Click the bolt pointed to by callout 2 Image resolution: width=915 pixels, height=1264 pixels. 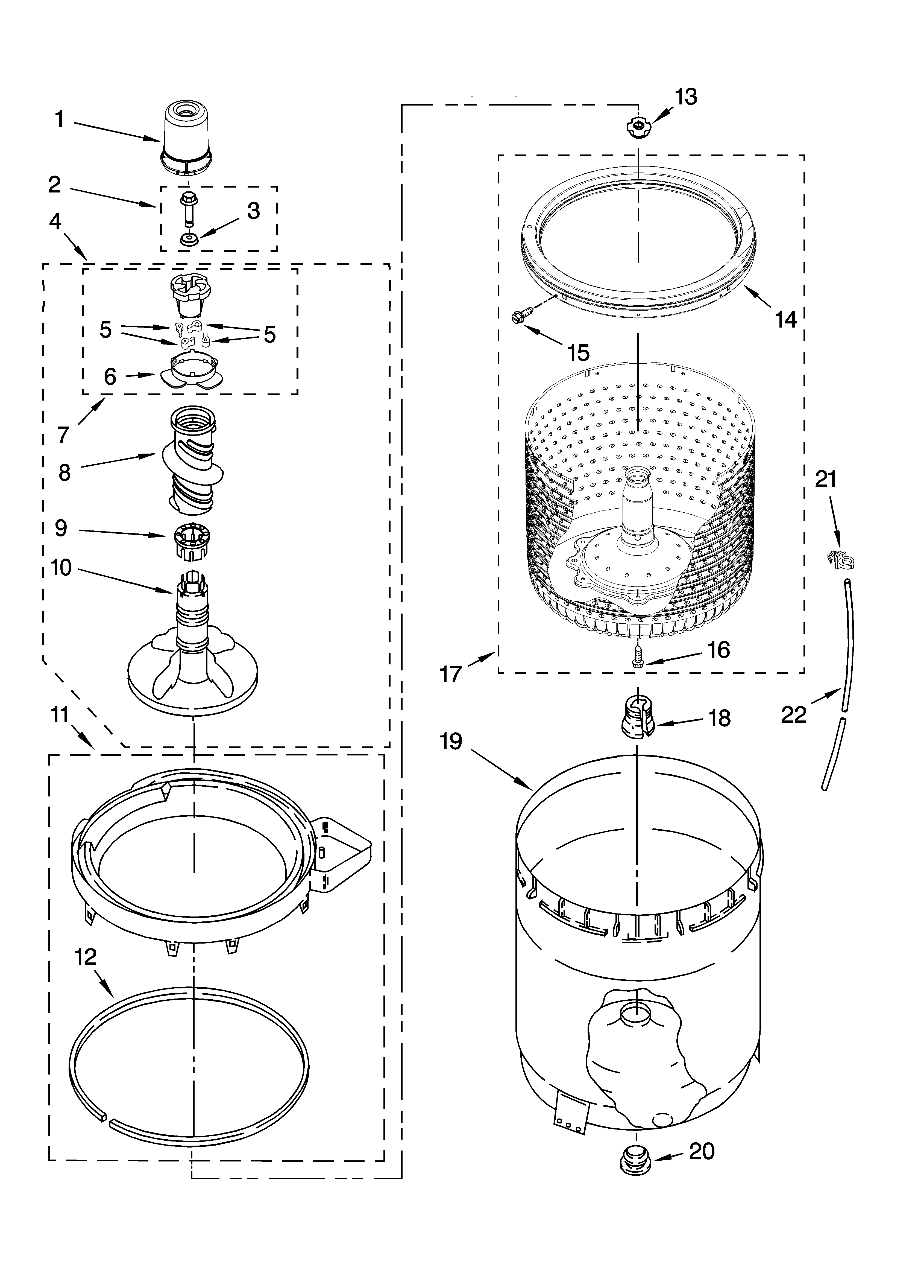coord(188,209)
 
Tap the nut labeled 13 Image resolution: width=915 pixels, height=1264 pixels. coord(638,129)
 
